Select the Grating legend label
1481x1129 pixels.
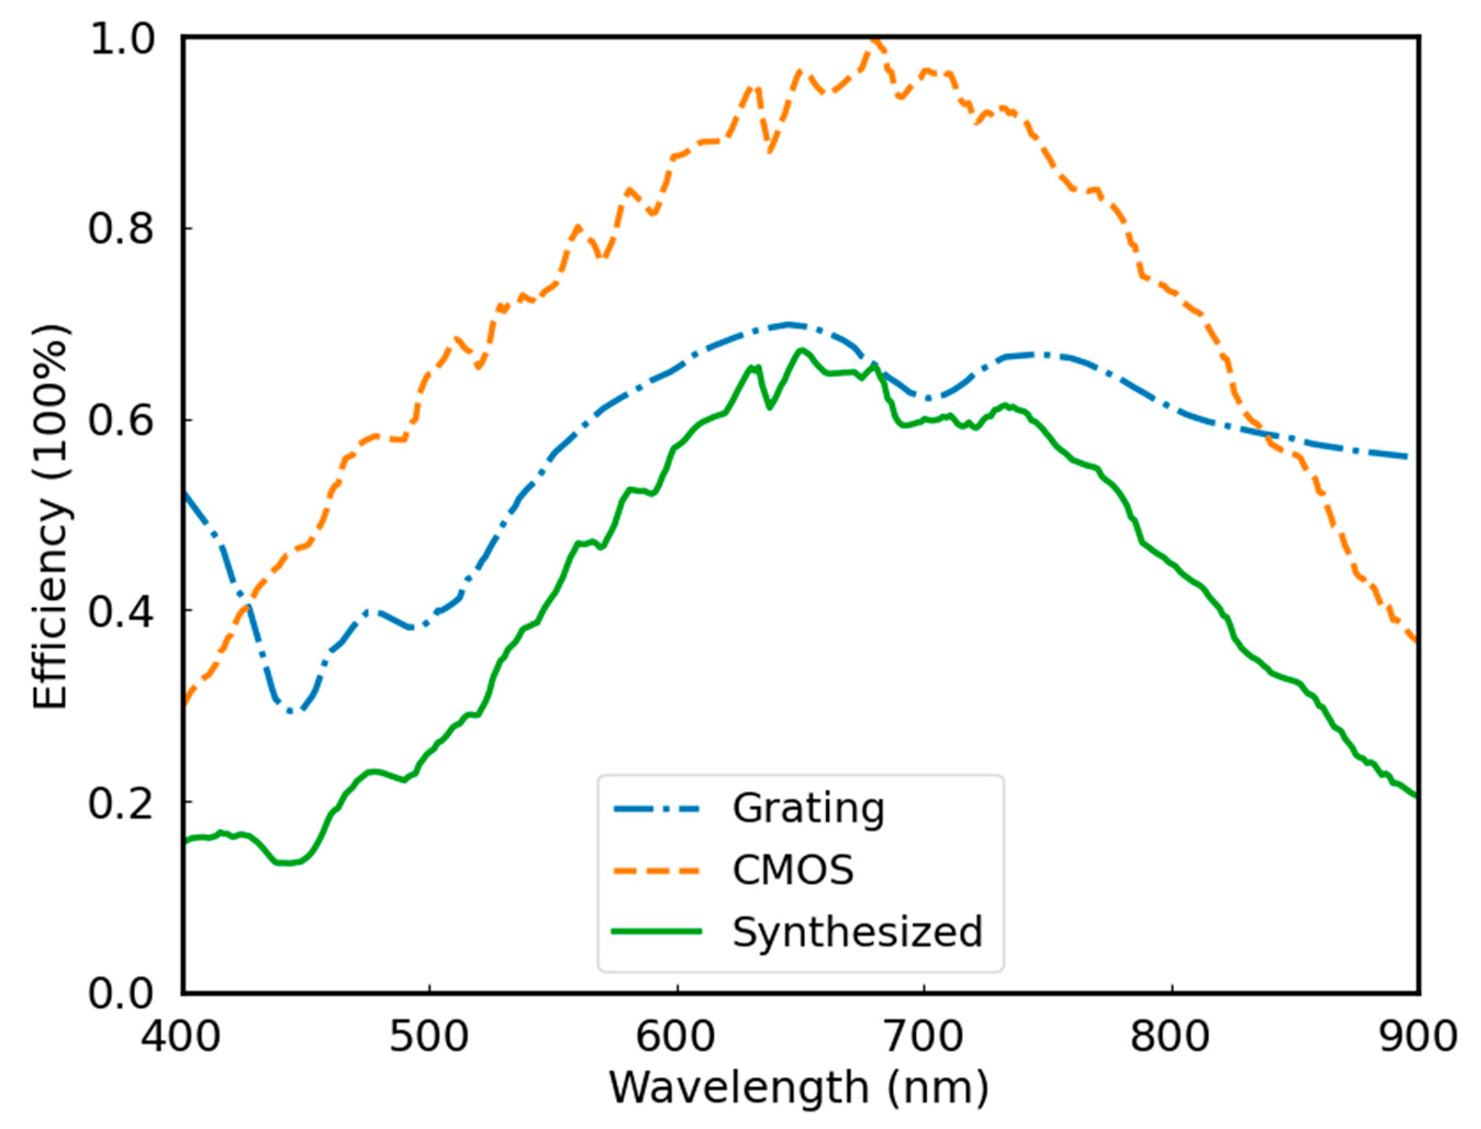click(x=808, y=808)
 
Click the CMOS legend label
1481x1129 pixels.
click(x=793, y=871)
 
